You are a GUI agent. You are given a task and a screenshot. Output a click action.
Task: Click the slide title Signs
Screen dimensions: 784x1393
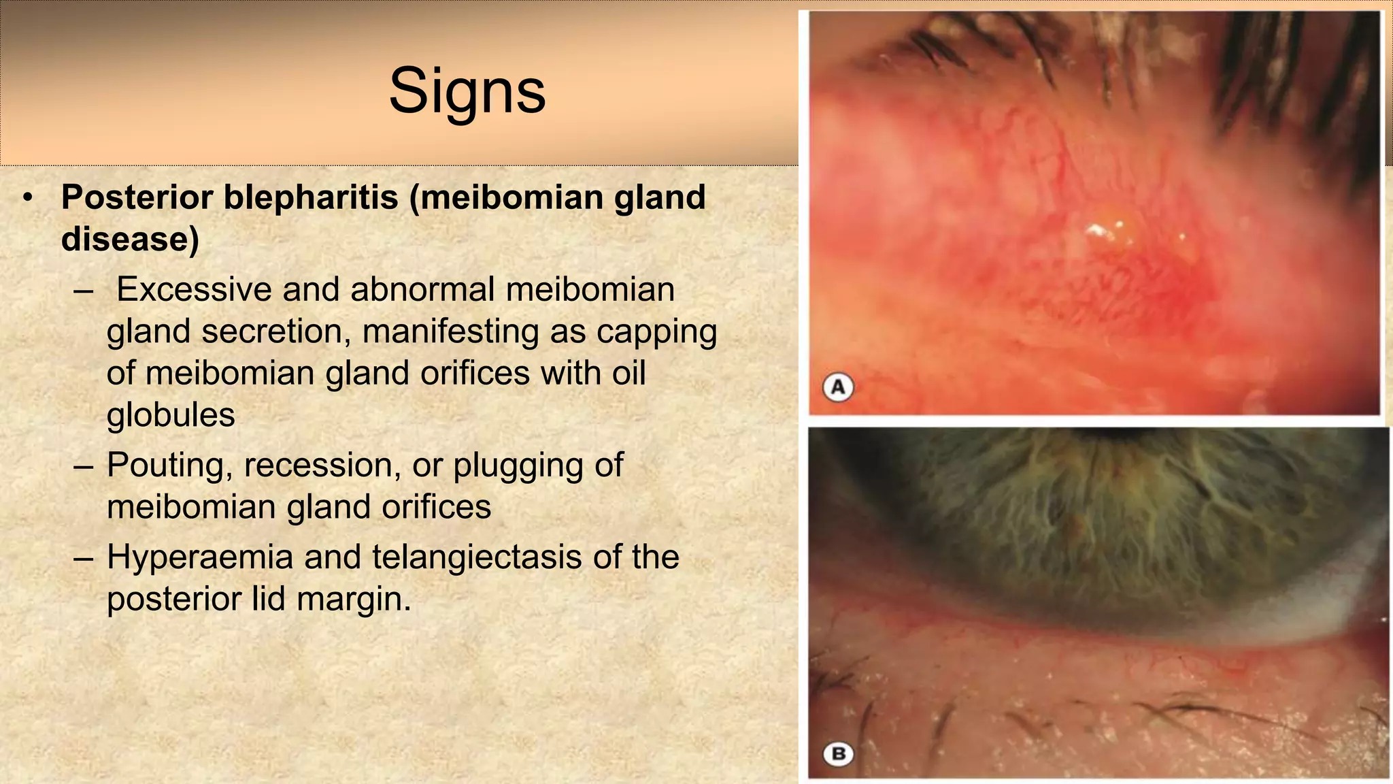[467, 91]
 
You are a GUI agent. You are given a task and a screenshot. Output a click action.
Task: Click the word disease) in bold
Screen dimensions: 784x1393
[130, 239]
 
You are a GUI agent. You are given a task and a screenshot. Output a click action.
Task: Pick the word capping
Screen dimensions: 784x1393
[656, 331]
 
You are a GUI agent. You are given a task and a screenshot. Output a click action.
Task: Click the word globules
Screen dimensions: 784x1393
[171, 415]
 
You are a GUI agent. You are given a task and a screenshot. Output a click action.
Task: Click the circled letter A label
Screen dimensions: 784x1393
[838, 387]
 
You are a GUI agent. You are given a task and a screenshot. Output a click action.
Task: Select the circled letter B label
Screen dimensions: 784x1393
[838, 754]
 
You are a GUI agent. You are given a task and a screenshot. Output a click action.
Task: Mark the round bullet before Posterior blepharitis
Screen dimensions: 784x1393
[28, 198]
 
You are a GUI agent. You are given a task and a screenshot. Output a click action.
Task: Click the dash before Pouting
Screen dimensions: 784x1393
[84, 466]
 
